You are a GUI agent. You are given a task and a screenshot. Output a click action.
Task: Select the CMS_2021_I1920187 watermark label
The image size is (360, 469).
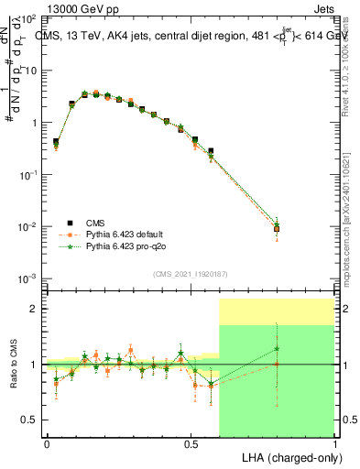pyautogui.click(x=190, y=273)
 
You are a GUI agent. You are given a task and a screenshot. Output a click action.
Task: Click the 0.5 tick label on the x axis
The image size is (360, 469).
pyautogui.click(x=191, y=443)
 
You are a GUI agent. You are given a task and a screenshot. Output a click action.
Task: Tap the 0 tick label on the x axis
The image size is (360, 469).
pyautogui.click(x=47, y=443)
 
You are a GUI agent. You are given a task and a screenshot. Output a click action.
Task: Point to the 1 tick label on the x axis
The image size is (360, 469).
pyautogui.click(x=334, y=443)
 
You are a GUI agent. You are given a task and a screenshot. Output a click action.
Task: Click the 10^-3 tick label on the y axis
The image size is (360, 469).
pyautogui.click(x=27, y=278)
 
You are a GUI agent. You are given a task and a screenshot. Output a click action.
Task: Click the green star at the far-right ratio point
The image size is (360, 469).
pyautogui.click(x=277, y=348)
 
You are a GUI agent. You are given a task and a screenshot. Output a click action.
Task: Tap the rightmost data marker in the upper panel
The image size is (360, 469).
pyautogui.click(x=277, y=228)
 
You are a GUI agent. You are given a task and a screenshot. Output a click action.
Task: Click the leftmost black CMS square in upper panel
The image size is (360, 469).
pyautogui.click(x=56, y=142)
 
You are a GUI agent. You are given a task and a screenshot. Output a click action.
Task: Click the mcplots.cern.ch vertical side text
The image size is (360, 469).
pyautogui.click(x=351, y=247)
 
